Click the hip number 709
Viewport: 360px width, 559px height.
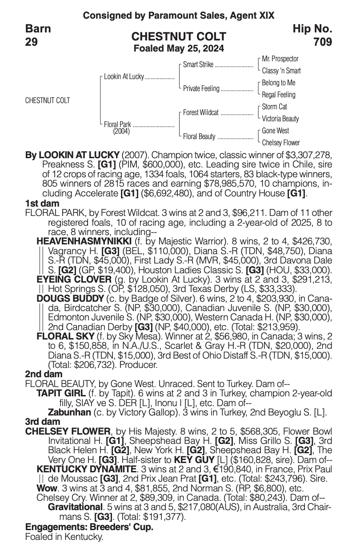tap(322, 42)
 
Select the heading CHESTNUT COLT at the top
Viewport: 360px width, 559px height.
tap(179, 36)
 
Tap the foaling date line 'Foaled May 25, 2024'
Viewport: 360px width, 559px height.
tap(179, 48)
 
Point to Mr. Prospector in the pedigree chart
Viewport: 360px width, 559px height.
tap(280, 59)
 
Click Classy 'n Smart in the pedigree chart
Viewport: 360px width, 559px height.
tap(281, 71)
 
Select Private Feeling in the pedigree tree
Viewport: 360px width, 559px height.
tap(201, 88)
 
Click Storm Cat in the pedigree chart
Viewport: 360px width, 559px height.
tap(274, 107)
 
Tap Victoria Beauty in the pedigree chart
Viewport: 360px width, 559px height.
tap(280, 119)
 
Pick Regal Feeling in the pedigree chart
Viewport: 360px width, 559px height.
tap(279, 95)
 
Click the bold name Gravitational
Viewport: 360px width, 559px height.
tap(75, 507)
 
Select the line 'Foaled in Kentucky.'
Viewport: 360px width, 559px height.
tap(64, 537)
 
